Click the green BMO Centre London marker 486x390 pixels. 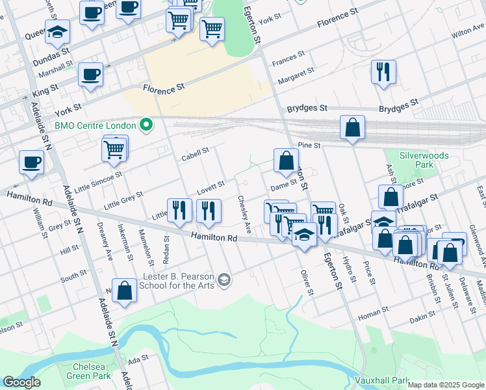click(147, 125)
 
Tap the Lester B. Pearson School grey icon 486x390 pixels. click(224, 280)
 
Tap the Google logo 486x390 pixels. click(21, 382)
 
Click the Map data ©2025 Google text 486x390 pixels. click(446, 385)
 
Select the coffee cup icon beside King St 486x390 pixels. click(90, 74)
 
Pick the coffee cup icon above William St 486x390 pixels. click(31, 162)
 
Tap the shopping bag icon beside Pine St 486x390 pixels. click(352, 129)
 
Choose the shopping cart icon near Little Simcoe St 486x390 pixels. click(114, 149)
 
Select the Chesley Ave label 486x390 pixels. click(244, 214)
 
